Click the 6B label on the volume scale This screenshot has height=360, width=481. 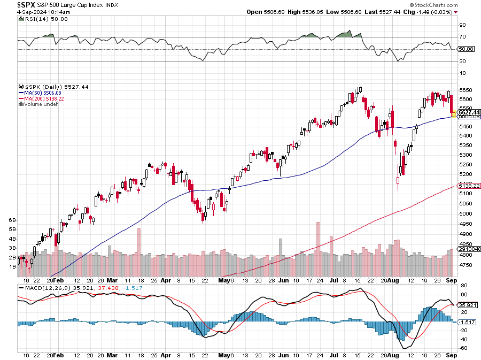11,220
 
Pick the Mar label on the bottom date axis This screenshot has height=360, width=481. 112,280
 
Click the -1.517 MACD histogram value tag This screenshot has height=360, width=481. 466,322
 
